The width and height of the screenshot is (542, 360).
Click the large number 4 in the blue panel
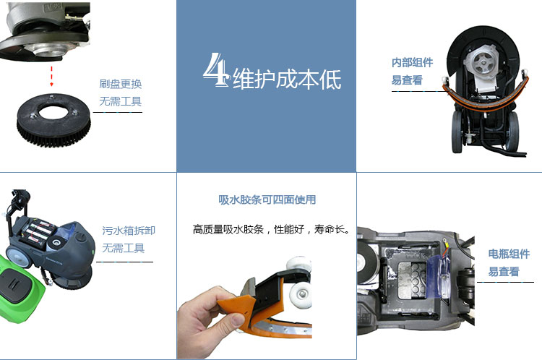(x=216, y=70)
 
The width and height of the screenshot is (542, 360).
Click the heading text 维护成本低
(x=287, y=80)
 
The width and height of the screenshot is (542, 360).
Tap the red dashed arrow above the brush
(x=51, y=77)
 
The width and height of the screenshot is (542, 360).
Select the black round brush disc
(x=53, y=120)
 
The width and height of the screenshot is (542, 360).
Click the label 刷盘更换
(x=120, y=84)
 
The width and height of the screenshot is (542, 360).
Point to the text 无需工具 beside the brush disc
(x=120, y=101)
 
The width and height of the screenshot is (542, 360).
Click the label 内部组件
(x=412, y=63)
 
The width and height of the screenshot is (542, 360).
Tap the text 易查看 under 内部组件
(x=407, y=80)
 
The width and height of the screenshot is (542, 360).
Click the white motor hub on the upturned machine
(x=483, y=62)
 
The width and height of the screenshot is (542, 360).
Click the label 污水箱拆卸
(x=128, y=231)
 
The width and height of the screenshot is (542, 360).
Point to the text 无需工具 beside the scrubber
(x=123, y=248)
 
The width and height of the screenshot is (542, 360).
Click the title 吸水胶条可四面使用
(x=267, y=200)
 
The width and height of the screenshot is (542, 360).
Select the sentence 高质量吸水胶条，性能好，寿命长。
(x=271, y=229)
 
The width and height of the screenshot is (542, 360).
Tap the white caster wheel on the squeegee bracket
(x=300, y=296)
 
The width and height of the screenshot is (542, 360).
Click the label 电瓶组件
(x=509, y=254)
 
